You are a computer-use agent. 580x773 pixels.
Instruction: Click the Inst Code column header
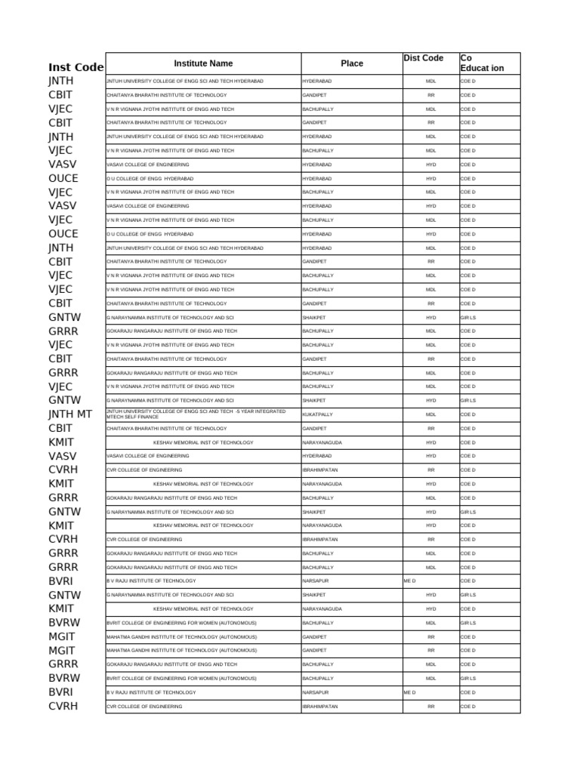[76, 67]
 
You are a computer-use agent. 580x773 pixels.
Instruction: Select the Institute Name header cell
[203, 63]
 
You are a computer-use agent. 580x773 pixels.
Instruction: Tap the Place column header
[352, 63]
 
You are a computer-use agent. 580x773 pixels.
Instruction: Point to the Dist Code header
[424, 58]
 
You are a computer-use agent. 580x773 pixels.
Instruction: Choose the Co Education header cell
[482, 63]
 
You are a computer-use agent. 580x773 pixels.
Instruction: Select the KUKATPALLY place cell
[317, 414]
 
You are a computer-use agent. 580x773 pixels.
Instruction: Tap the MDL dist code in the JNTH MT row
[430, 414]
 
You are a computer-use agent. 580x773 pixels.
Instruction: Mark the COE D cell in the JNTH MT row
[468, 414]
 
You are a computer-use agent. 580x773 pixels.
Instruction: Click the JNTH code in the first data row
[61, 81]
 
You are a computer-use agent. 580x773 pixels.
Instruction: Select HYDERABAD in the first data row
[317, 81]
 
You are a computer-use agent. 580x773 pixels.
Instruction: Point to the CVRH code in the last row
[63, 706]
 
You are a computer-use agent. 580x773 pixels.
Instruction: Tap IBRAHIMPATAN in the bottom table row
[320, 707]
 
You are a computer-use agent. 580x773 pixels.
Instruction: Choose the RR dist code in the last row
[430, 707]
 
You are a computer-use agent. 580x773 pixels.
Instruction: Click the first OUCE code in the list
[63, 178]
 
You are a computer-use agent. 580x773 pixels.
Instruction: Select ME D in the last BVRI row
[410, 692]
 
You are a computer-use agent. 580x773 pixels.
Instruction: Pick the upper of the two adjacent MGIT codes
[62, 636]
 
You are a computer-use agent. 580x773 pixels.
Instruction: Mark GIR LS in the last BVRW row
[468, 679]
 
